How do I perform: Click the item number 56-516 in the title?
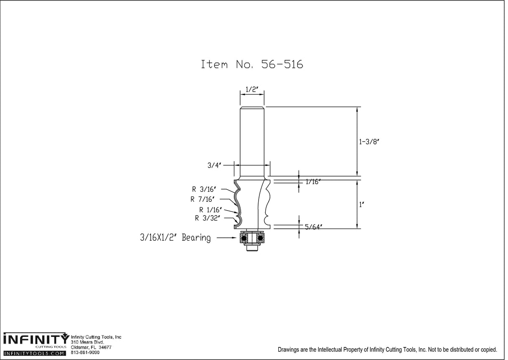282,64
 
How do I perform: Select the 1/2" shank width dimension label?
251,89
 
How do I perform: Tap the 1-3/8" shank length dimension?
369,142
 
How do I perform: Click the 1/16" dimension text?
313,182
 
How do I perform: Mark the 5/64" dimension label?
313,227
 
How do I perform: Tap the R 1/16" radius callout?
210,210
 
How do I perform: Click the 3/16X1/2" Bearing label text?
175,238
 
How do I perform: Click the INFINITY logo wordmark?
35,339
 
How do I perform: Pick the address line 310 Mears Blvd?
85,342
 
